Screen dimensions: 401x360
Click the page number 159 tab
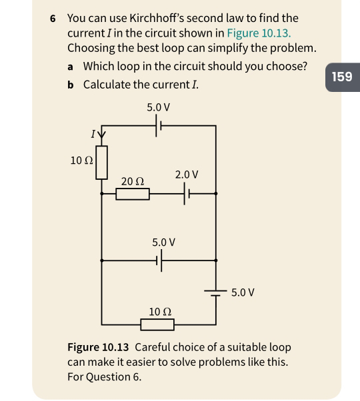pos(341,77)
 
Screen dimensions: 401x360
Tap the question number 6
pos(53,18)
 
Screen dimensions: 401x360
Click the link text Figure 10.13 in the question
pos(259,33)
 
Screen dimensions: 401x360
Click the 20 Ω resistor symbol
pos(132,194)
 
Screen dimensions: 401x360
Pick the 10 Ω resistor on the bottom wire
pos(157,324)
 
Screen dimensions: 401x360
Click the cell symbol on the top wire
pos(159,125)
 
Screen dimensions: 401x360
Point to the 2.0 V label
pos(187,175)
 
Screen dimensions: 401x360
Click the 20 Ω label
pos(133,181)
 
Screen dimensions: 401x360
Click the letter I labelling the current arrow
pos(93,135)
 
